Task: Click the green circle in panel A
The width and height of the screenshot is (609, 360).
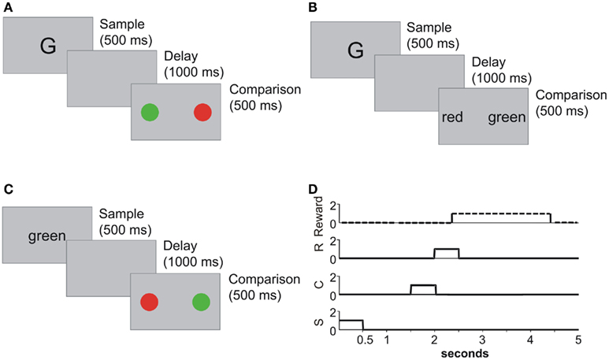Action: pos(150,113)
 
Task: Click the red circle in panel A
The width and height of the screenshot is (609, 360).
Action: pos(203,113)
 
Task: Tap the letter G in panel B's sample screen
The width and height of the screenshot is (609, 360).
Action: pos(355,51)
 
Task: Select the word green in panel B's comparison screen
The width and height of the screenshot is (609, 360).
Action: pos(505,119)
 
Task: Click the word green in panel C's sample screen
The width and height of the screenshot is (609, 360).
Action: pos(46,236)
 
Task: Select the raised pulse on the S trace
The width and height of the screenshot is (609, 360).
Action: pos(351,321)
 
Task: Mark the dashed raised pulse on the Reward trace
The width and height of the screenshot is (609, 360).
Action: pos(500,214)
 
